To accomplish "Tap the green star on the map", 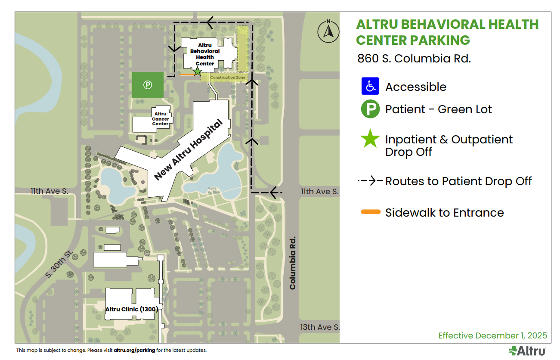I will [x=197, y=71].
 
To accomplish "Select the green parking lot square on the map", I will [x=148, y=85].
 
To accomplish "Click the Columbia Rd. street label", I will [x=293, y=263].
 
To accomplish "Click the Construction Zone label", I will [x=228, y=78].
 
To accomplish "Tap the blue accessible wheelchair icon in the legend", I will [x=370, y=86].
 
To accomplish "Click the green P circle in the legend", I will [x=370, y=109].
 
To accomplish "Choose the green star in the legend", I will [x=370, y=139].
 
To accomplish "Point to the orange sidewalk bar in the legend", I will [x=371, y=212].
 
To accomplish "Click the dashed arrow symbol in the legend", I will [x=370, y=181].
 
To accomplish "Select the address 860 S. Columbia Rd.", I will [x=414, y=59].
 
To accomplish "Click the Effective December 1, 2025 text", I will [x=492, y=335].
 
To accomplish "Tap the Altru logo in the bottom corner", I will [x=527, y=351].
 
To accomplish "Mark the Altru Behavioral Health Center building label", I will [x=205, y=54].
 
